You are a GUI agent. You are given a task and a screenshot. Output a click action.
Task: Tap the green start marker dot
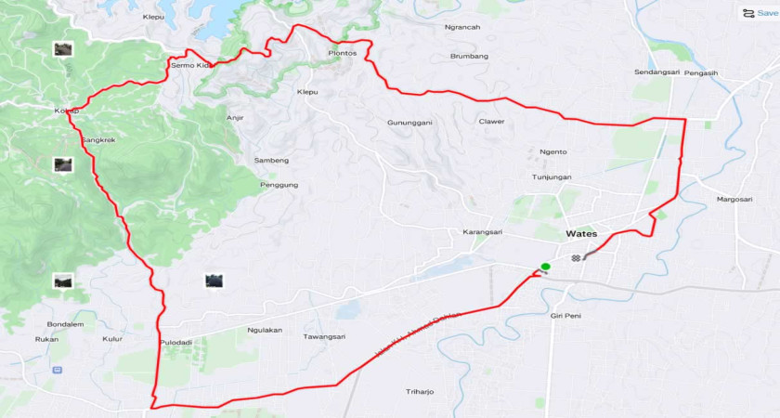[545, 267]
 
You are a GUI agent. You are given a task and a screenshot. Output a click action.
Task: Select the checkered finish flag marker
[577, 257]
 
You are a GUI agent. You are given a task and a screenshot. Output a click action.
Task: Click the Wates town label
[581, 234]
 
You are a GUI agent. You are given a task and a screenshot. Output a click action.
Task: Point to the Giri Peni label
[565, 316]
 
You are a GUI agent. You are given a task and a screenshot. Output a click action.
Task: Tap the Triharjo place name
[420, 391]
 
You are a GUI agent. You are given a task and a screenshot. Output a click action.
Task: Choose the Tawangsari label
[324, 336]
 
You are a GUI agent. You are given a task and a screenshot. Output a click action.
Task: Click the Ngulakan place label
[265, 330]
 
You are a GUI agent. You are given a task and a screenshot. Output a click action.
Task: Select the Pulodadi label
[175, 342]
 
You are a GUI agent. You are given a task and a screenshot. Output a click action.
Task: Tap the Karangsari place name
[482, 231]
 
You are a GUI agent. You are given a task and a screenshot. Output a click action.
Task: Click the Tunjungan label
[552, 176]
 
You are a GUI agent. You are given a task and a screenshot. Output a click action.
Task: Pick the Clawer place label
[491, 122]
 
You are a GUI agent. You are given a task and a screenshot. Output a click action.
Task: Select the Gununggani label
[410, 123]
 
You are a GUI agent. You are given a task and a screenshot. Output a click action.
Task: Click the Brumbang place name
[469, 56]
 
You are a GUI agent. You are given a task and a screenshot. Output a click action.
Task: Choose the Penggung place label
[279, 185]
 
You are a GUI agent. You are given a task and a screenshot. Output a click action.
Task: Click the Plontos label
[343, 53]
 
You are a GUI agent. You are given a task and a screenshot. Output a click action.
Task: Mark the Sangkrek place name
[97, 140]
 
